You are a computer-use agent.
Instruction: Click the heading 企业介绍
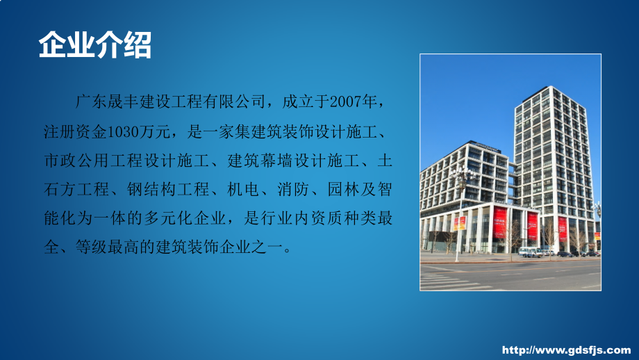point(94,46)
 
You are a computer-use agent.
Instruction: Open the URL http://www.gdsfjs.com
point(566,349)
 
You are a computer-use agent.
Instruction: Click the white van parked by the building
point(530,252)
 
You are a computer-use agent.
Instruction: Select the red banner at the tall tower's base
point(563,227)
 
